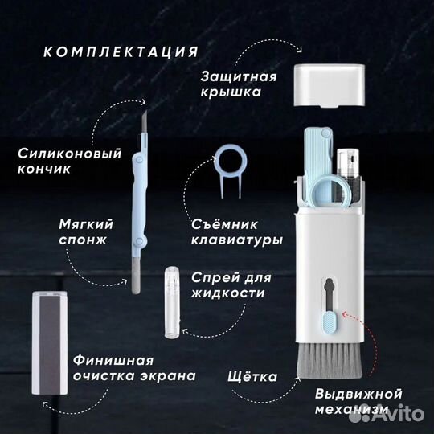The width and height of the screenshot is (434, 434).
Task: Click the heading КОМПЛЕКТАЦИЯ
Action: (121, 51)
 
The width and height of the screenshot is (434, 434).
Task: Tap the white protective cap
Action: (329, 85)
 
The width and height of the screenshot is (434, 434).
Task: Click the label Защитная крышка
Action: (239, 84)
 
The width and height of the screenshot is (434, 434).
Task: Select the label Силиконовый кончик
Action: (69, 161)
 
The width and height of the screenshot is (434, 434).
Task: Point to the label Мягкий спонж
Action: (86, 231)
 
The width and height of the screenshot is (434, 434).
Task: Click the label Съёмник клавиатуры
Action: (237, 232)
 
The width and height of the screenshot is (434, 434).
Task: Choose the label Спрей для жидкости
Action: (231, 285)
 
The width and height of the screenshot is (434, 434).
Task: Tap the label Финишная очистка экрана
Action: (134, 368)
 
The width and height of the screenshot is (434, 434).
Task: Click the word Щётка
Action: (252, 376)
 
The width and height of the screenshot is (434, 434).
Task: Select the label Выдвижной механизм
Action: (358, 401)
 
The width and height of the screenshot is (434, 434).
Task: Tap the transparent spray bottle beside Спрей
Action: (172, 302)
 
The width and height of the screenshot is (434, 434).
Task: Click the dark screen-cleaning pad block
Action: (50, 342)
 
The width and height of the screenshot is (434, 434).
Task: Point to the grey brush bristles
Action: (330, 360)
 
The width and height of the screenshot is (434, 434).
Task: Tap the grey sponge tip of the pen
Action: (136, 276)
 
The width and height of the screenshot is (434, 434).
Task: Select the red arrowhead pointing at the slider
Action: (345, 314)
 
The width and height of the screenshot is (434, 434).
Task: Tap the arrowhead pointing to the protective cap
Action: (299, 49)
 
